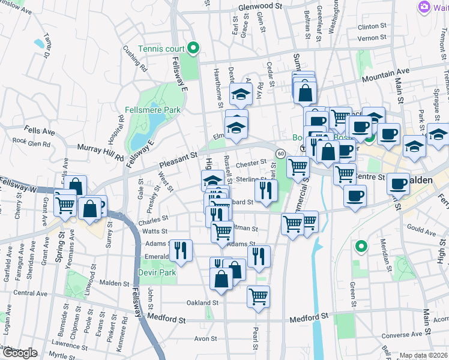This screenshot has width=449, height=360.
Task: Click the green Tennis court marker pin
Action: [x=193, y=47]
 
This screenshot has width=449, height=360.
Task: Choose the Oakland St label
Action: [x=202, y=302]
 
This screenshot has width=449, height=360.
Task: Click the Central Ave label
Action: [x=30, y=293]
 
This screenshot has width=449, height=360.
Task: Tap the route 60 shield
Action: [x=280, y=154]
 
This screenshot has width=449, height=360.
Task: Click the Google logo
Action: [x=20, y=353]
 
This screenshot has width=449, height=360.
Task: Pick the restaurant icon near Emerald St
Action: [x=180, y=250]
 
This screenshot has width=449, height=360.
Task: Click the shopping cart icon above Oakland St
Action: [x=258, y=296]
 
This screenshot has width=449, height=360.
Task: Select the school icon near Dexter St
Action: [x=241, y=94]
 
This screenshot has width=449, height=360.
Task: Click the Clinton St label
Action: [x=372, y=26]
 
